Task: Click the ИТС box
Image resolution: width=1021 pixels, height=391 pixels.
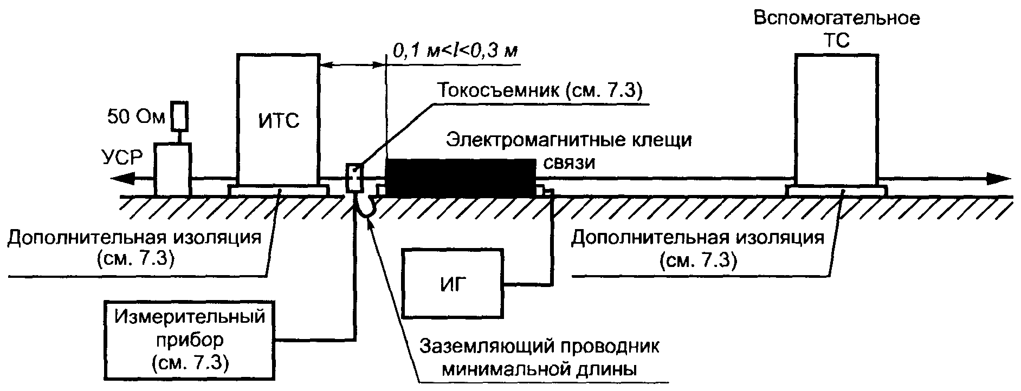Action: [277, 119]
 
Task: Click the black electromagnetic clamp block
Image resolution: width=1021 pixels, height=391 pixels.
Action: [460, 178]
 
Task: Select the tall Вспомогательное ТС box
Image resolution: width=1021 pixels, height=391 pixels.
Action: [835, 119]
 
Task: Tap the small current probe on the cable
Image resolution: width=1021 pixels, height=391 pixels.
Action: [354, 178]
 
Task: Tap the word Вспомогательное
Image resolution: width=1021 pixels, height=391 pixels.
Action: [837, 19]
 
